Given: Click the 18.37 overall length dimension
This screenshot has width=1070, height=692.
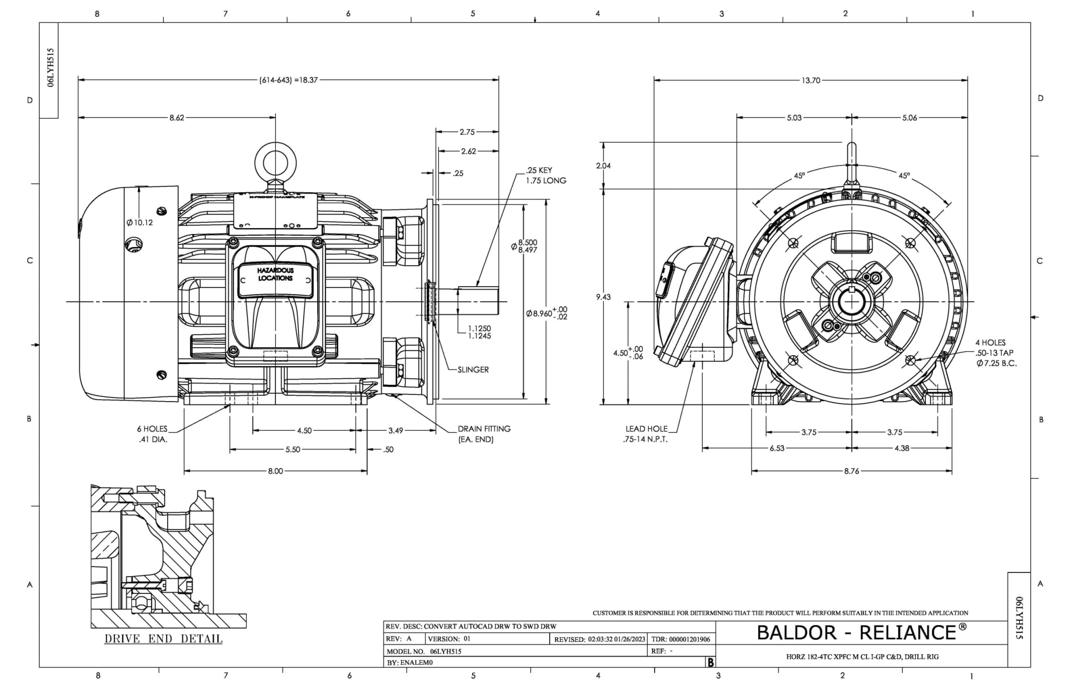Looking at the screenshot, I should [x=288, y=80].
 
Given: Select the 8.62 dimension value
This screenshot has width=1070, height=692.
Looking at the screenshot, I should [x=177, y=118].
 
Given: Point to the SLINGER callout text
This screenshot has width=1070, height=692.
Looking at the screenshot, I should [x=473, y=370].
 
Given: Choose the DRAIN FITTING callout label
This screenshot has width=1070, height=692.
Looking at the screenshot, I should [x=484, y=434].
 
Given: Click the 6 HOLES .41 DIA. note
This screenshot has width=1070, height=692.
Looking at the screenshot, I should [x=153, y=434].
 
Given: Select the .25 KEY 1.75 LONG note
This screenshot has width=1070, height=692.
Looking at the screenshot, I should [x=545, y=175].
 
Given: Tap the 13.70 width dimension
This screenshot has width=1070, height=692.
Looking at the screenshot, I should [x=811, y=80].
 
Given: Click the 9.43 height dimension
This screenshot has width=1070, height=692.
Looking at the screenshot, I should [x=603, y=297].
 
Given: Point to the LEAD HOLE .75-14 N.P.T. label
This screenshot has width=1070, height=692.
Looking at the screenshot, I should [x=646, y=434].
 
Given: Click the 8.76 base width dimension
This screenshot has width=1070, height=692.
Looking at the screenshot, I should [x=851, y=471].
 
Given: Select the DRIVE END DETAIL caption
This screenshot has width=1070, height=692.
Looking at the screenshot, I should [x=163, y=639].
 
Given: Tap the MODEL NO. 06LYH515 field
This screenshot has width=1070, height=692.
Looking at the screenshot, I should [x=424, y=652].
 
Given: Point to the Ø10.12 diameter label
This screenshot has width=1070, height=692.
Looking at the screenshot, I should [x=139, y=222].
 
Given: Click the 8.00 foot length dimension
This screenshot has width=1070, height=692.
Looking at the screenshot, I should [x=275, y=471].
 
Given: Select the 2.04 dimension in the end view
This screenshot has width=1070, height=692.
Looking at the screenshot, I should [x=603, y=166].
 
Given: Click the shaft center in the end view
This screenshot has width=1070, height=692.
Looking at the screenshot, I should [x=852, y=302].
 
